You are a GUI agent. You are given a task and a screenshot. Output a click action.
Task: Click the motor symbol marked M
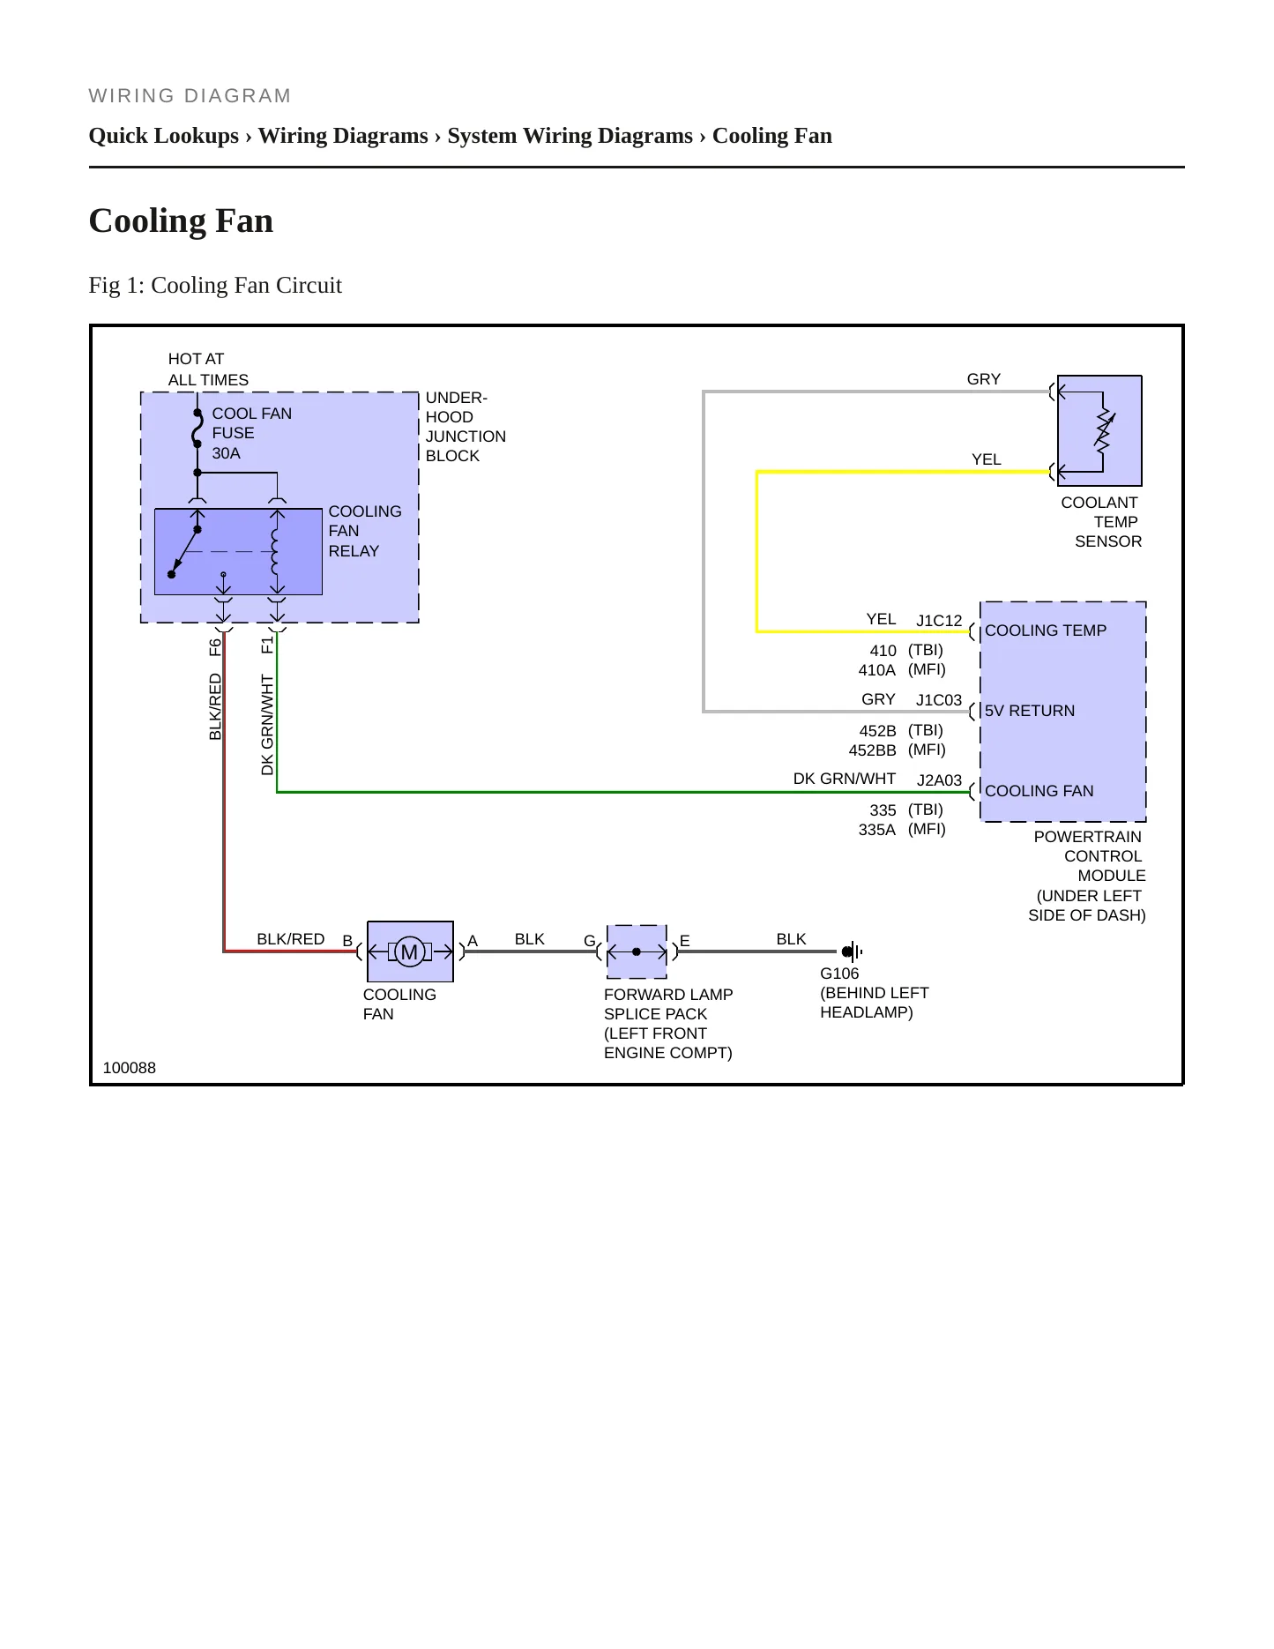(409, 952)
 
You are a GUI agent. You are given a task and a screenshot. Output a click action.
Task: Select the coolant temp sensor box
(1099, 431)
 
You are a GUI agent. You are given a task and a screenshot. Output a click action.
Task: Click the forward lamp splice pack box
(637, 952)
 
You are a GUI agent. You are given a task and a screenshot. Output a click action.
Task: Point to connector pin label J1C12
(939, 621)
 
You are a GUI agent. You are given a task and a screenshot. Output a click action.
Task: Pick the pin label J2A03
(939, 780)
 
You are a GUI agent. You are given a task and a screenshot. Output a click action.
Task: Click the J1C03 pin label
(939, 700)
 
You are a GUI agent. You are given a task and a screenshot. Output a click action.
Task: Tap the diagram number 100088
(130, 1068)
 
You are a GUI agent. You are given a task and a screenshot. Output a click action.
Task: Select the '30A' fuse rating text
(226, 453)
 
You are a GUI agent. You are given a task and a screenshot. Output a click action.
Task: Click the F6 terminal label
(215, 647)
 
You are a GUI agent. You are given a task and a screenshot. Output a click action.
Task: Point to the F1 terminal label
(267, 646)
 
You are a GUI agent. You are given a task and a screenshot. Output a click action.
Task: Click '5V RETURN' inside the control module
(1030, 711)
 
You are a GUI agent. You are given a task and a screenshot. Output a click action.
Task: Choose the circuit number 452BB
(873, 750)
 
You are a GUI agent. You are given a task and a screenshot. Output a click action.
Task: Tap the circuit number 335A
(877, 830)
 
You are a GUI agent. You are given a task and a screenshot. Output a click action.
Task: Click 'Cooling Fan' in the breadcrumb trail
(772, 136)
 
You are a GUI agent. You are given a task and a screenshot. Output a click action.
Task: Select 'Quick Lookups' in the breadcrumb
(164, 136)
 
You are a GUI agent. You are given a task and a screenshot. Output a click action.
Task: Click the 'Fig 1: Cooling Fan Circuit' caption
(215, 286)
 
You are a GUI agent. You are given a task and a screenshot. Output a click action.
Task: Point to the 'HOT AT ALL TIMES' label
(208, 369)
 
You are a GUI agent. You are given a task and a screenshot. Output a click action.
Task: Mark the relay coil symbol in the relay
(276, 551)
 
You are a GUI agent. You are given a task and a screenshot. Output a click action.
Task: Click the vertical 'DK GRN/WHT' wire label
(267, 725)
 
